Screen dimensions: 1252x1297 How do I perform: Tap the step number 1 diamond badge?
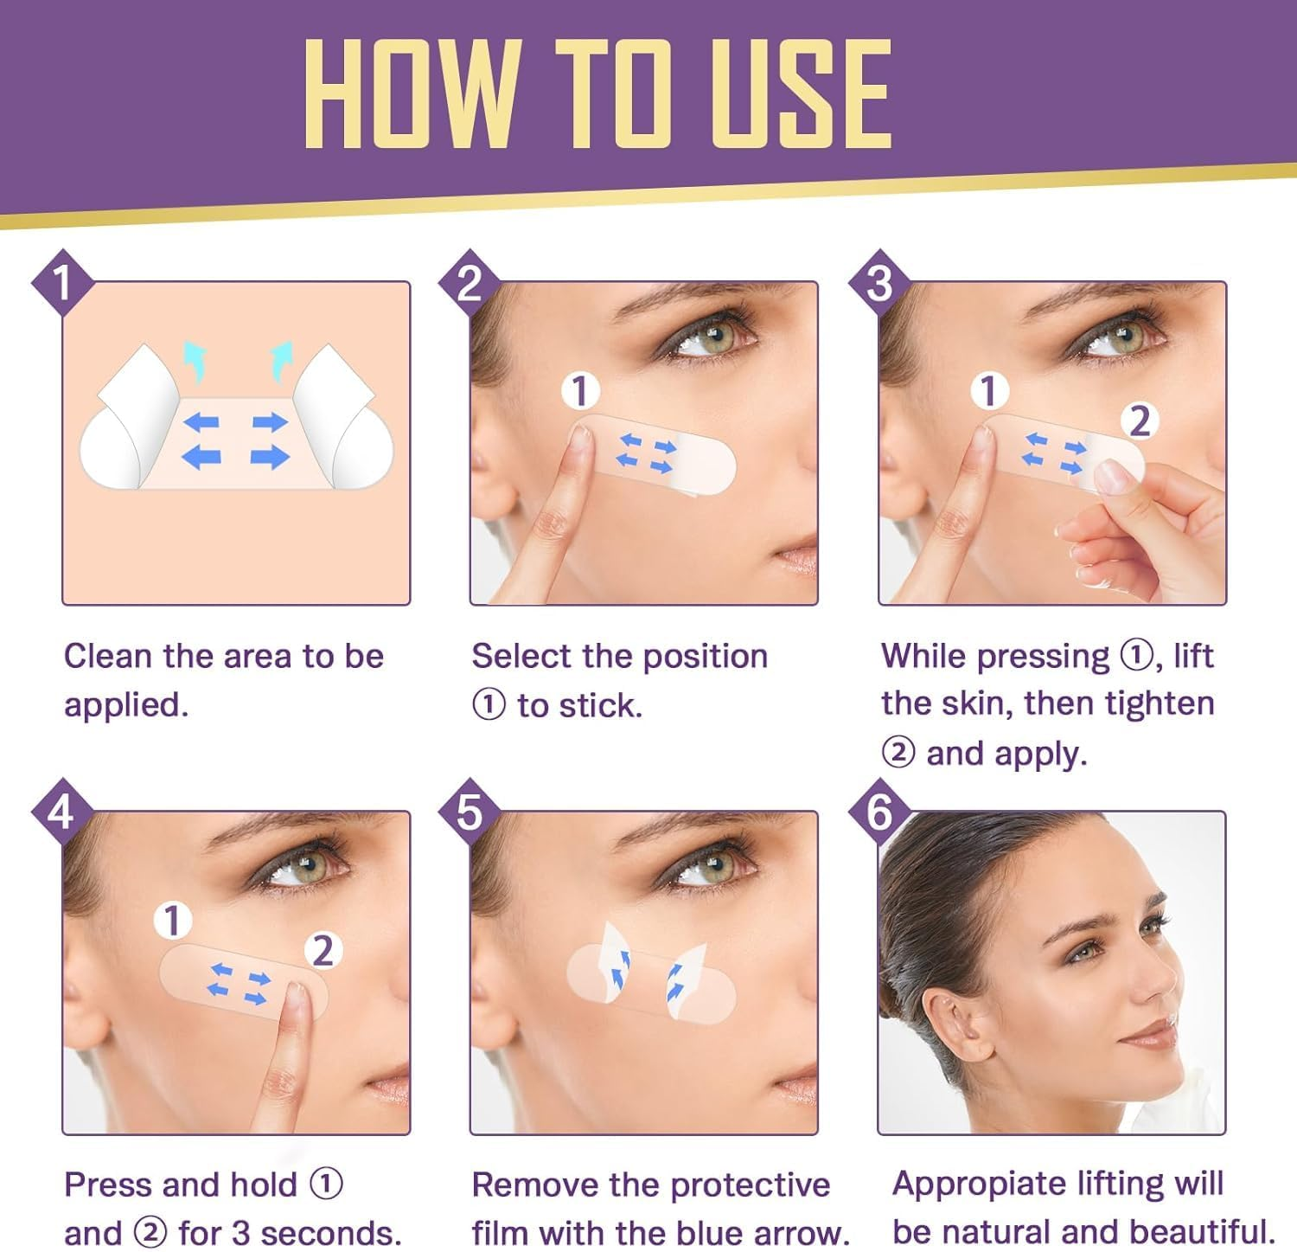pyautogui.click(x=62, y=281)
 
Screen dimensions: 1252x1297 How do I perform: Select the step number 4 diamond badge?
pyautogui.click(x=61, y=812)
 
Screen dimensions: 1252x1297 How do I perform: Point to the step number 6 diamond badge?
pyautogui.click(x=879, y=812)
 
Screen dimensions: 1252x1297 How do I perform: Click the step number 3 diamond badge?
pyautogui.click(x=879, y=281)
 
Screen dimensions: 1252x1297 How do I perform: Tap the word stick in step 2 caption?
pyautogui.click(x=603, y=706)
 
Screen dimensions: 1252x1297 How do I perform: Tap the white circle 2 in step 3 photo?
pyautogui.click(x=1140, y=421)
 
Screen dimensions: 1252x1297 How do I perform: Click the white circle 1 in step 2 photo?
pyautogui.click(x=580, y=391)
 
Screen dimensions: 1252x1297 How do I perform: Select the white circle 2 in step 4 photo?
pyautogui.click(x=323, y=950)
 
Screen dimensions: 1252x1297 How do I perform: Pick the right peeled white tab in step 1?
pyautogui.click(x=342, y=415)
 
